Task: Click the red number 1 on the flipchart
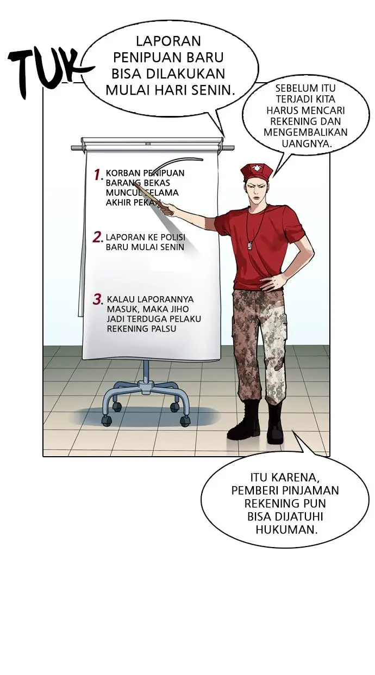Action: coord(98,175)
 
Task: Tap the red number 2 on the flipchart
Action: coord(98,237)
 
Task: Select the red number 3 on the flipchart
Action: coord(98,299)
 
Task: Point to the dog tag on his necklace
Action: coord(252,246)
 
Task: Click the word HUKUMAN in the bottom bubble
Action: coord(286,529)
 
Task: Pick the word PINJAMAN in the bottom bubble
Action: coord(313,490)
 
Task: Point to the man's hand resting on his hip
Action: coord(274,281)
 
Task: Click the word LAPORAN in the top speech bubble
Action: coord(160,41)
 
